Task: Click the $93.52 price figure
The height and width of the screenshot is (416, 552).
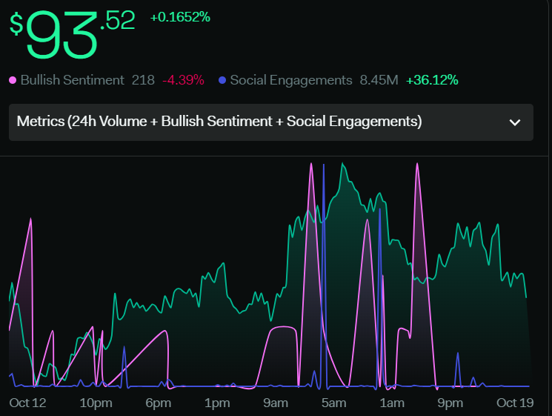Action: [72, 34]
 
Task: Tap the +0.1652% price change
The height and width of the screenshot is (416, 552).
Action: [180, 17]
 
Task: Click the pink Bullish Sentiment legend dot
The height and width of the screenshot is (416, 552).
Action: [13, 80]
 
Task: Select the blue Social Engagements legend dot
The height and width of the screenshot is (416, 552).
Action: [222, 80]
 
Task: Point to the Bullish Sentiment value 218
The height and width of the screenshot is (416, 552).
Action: [143, 80]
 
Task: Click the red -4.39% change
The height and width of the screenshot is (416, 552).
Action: [183, 80]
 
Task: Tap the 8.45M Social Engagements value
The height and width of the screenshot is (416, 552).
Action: [379, 80]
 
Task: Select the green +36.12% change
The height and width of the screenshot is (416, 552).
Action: [432, 80]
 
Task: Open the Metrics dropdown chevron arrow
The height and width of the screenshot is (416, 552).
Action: [515, 122]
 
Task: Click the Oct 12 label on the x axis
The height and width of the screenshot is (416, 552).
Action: [27, 403]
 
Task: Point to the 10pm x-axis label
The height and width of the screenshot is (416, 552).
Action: [96, 403]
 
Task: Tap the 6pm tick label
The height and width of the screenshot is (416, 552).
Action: [158, 403]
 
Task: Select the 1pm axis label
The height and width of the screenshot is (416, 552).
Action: [217, 403]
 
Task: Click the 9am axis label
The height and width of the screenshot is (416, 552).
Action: [276, 403]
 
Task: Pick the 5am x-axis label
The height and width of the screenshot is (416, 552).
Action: [333, 403]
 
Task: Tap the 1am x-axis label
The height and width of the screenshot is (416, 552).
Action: [392, 403]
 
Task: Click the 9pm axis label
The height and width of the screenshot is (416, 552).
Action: [450, 403]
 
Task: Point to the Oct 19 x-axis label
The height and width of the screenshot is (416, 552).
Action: [515, 403]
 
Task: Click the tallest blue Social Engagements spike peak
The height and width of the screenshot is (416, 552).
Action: [324, 165]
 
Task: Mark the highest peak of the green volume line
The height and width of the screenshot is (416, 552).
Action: [342, 163]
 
